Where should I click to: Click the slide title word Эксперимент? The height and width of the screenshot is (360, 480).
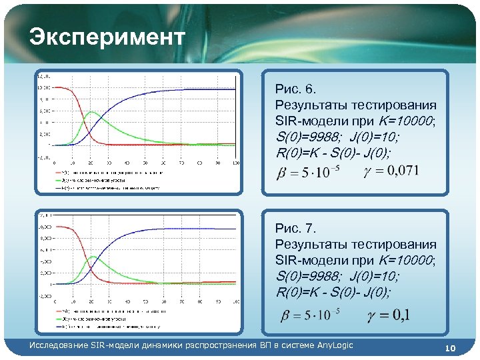coord(107,38)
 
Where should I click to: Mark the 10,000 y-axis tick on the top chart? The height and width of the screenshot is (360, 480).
coord(45,88)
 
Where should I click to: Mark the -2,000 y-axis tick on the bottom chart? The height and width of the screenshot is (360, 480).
coord(44,295)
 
